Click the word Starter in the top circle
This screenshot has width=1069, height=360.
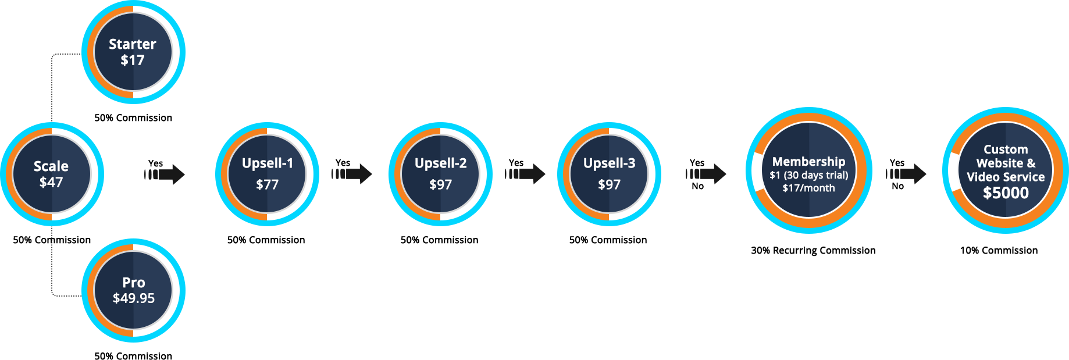(132, 44)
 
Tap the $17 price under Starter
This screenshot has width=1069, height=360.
(132, 60)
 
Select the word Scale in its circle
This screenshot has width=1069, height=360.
(51, 166)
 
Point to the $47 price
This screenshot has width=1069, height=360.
(51, 182)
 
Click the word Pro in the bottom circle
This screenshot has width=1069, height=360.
(133, 283)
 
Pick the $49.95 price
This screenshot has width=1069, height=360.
(133, 298)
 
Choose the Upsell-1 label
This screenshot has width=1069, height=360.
(268, 163)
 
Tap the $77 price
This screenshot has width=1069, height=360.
(268, 184)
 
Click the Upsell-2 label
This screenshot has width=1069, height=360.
(440, 163)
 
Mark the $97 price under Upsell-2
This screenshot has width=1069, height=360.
(440, 184)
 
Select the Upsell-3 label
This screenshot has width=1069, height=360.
(609, 163)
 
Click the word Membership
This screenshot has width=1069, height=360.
(808, 162)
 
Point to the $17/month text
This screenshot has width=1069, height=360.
(808, 188)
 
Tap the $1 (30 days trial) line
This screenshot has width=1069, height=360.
(808, 175)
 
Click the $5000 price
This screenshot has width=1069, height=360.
(1006, 193)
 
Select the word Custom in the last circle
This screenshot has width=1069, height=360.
(1006, 149)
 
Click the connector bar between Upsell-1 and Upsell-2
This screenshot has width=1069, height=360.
(352, 174)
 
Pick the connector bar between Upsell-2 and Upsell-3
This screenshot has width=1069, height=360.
(525, 174)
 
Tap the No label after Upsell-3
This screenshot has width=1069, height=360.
(697, 187)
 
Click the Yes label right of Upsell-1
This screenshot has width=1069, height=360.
(343, 163)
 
